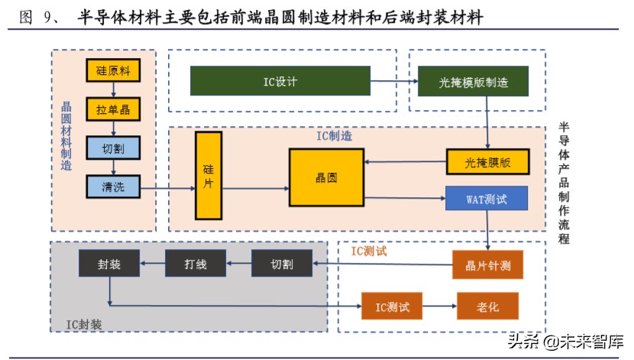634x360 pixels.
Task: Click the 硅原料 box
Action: pos(113,71)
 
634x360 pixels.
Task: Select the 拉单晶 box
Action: pos(113,109)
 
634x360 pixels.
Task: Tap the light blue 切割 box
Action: pos(113,148)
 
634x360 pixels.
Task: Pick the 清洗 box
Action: pos(113,186)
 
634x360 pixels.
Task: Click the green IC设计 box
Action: pos(280,81)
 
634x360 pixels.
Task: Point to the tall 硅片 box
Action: pos(208,176)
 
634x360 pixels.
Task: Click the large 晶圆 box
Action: pos(326,177)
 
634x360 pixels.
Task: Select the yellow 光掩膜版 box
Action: pos(487,162)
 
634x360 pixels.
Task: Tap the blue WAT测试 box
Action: pos(487,199)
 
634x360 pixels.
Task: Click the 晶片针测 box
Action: pos(487,264)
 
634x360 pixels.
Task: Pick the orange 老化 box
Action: pos(487,306)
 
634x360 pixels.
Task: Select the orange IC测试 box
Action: pos(392,306)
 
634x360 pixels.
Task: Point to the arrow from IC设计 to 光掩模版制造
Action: pos(393,81)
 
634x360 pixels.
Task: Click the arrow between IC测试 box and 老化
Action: pos(439,306)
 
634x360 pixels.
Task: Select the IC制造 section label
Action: pos(335,136)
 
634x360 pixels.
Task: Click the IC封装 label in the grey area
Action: pos(83,324)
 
